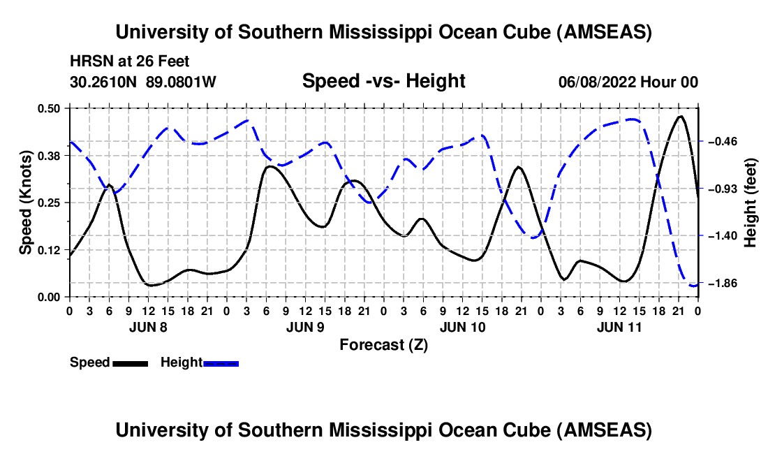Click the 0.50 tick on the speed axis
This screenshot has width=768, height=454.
click(48, 108)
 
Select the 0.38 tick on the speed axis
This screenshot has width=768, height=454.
click(48, 156)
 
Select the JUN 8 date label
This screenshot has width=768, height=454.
click(148, 327)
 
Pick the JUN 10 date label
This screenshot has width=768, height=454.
click(462, 327)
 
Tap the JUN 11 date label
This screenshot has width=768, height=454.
click(619, 327)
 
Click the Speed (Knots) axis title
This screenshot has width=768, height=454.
click(25, 203)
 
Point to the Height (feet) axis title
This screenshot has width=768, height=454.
click(751, 203)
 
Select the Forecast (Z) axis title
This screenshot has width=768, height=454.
click(383, 345)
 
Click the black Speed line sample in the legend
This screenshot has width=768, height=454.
click(131, 363)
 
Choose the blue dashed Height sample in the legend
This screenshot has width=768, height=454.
click(221, 363)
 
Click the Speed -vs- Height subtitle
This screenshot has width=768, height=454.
click(383, 81)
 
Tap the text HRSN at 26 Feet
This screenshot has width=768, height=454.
click(129, 61)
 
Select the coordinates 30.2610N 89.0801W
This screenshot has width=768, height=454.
click(142, 82)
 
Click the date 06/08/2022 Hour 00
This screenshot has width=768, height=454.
click(628, 82)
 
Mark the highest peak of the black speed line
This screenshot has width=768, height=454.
click(680, 116)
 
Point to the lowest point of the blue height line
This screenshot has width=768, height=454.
click(694, 286)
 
